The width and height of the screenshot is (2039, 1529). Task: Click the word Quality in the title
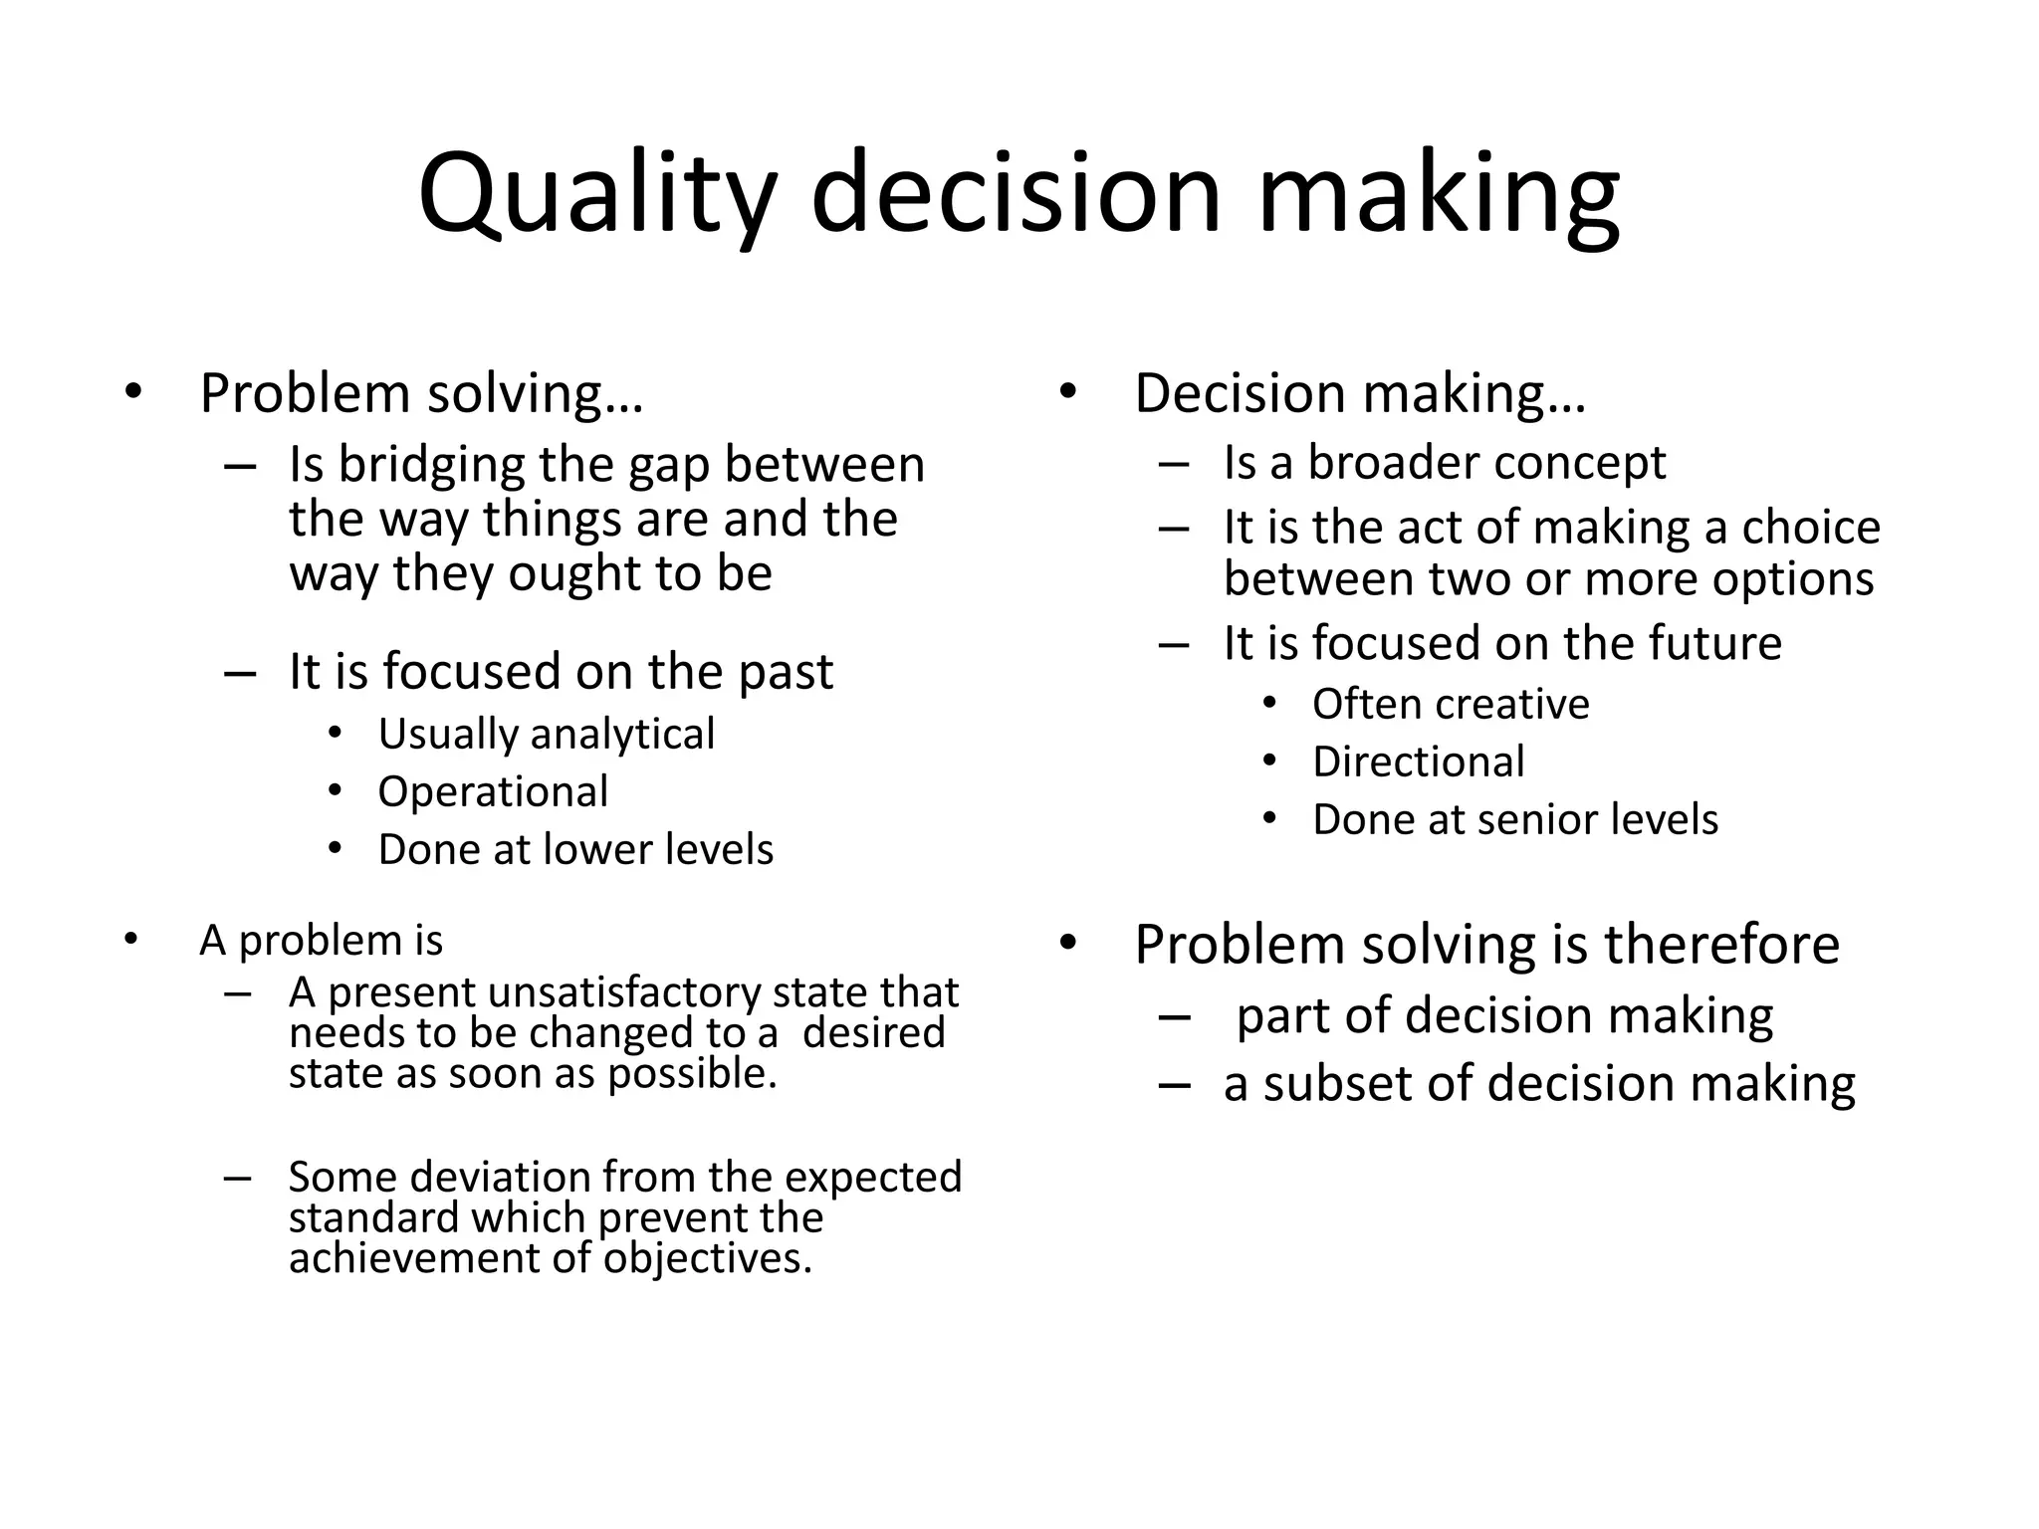coord(595,194)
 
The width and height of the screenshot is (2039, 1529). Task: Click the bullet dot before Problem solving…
coord(133,391)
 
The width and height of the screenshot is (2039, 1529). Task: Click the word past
coord(785,671)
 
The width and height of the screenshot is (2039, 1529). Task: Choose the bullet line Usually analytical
coord(546,735)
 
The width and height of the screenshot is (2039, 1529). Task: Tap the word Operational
coord(493,792)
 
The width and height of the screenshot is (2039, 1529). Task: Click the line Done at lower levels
coord(575,850)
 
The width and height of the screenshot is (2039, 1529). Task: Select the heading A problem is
coord(321,941)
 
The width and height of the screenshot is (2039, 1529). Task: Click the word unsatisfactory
coord(625,992)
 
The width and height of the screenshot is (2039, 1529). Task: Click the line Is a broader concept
coord(1444,463)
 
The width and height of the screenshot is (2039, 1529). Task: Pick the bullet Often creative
coord(1450,705)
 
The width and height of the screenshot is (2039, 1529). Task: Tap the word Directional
coord(1418,763)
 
